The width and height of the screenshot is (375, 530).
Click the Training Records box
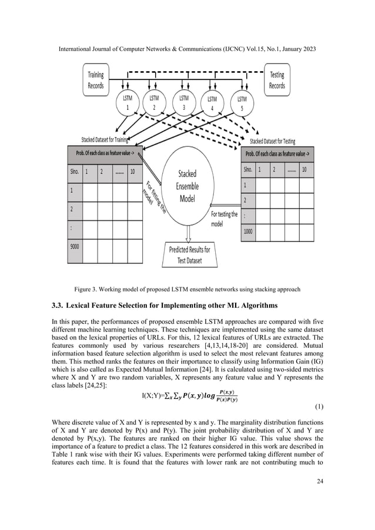click(96, 80)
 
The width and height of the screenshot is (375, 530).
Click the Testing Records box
click(277, 80)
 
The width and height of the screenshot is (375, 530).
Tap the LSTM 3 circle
click(184, 104)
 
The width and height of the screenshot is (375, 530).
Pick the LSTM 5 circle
click(242, 104)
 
